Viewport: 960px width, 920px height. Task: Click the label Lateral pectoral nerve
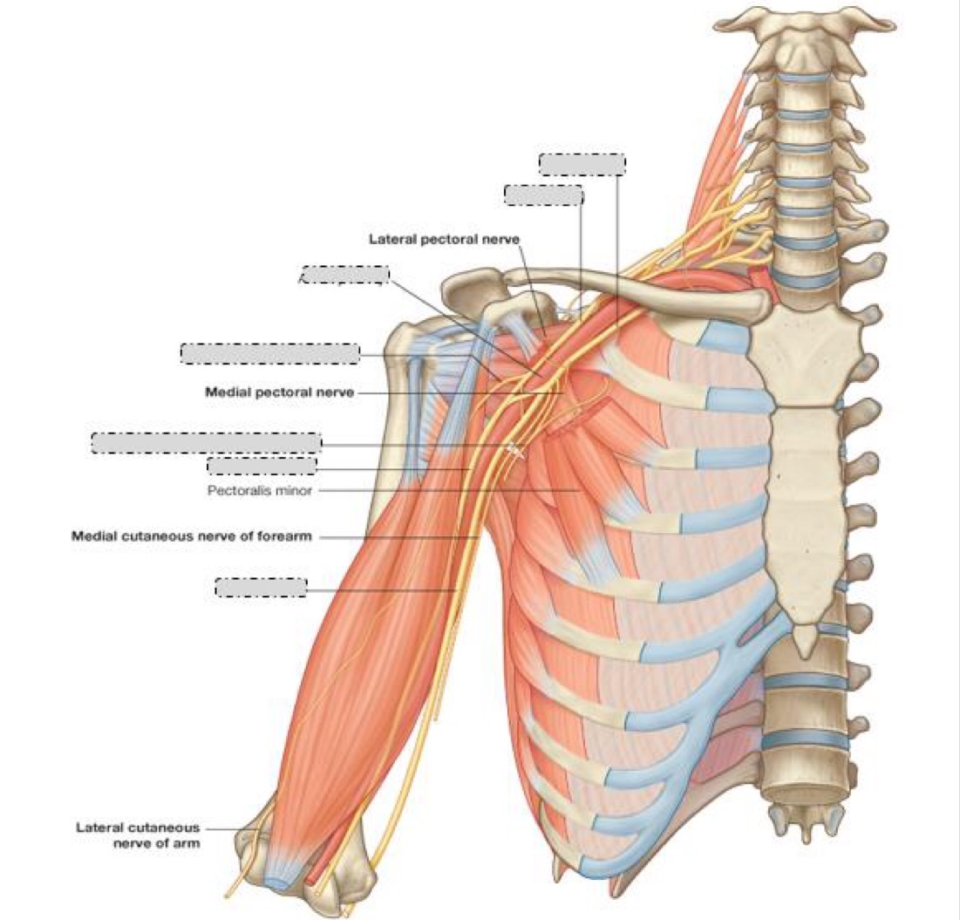(445, 238)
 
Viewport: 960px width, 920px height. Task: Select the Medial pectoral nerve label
(279, 392)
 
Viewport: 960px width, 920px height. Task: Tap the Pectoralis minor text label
(259, 490)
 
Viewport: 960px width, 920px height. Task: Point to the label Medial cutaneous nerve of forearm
(191, 536)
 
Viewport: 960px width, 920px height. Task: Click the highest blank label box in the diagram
(582, 165)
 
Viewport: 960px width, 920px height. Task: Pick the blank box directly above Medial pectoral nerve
(269, 353)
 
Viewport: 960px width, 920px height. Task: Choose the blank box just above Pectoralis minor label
(262, 466)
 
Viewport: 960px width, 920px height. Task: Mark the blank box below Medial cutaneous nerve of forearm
(261, 587)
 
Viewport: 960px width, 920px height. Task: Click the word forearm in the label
(289, 536)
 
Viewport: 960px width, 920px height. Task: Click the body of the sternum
(807, 506)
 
